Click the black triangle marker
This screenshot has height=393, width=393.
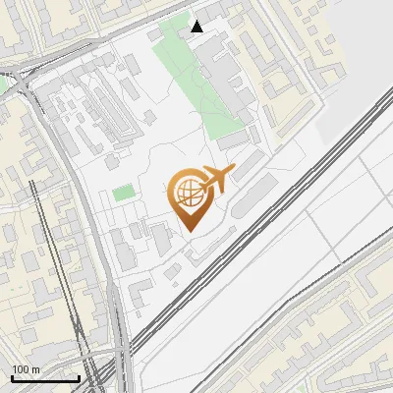click(197, 27)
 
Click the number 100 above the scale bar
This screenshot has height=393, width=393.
click(21, 369)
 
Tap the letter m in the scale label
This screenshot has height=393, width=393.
click(35, 369)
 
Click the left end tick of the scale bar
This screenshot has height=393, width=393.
click(12, 377)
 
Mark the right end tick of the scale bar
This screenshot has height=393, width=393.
click(79, 377)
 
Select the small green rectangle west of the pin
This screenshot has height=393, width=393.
click(123, 193)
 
